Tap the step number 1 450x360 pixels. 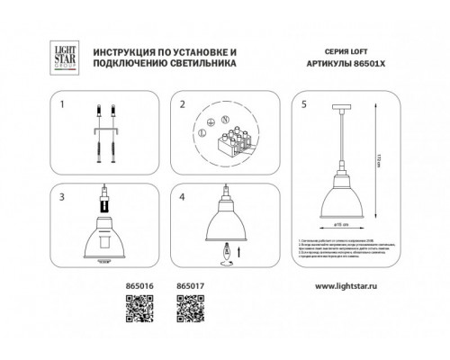pyautogui.click(x=62, y=104)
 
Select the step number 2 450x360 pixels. pyautogui.click(x=181, y=104)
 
